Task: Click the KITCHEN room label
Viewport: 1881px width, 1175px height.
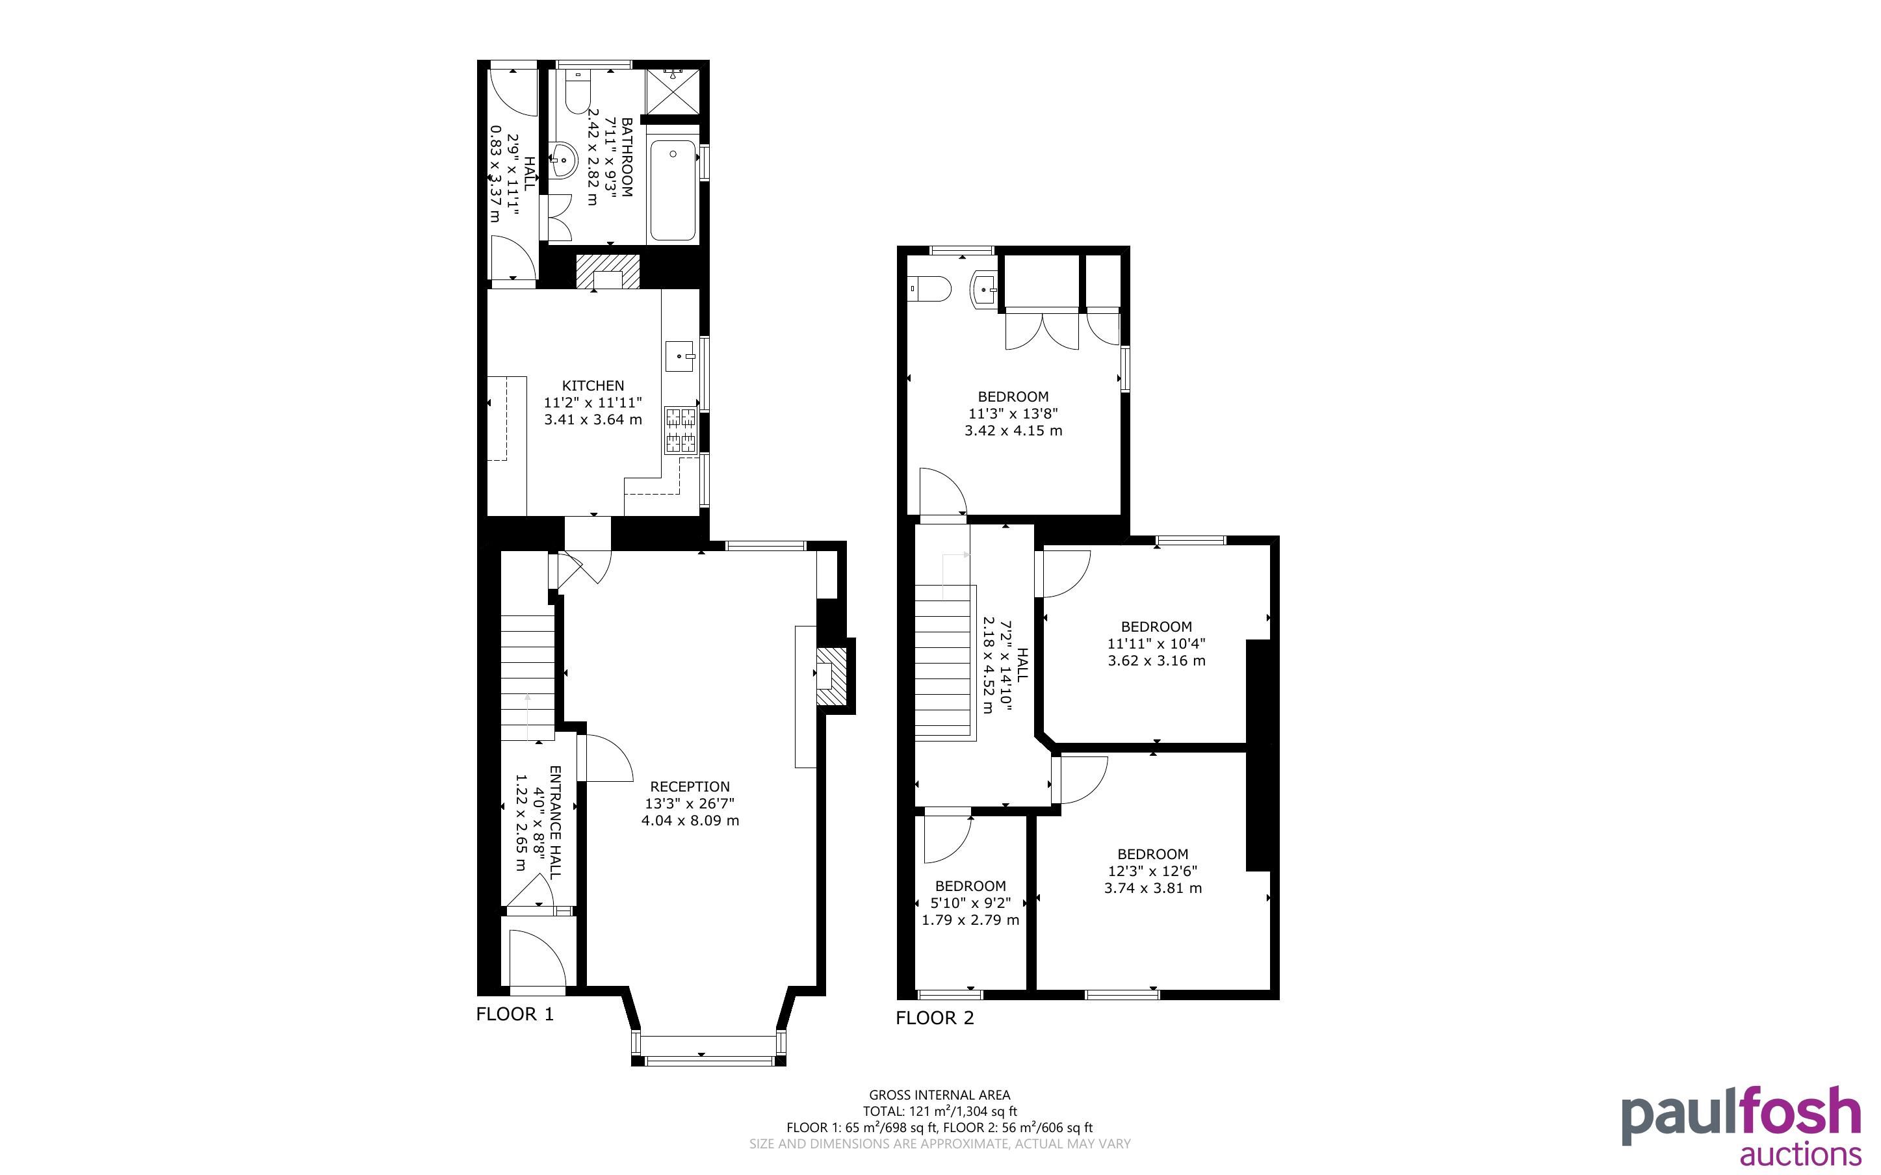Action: coord(593,385)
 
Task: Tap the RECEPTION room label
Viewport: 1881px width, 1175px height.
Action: coord(690,786)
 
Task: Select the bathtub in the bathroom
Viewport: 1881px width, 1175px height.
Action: coord(673,190)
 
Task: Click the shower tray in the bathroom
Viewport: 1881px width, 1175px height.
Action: coord(673,92)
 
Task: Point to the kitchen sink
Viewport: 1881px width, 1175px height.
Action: coord(680,357)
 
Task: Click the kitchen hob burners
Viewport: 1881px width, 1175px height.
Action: coord(680,430)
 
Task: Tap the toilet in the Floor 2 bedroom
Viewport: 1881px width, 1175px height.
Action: coord(930,289)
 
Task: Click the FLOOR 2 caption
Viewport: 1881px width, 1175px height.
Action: coord(935,1018)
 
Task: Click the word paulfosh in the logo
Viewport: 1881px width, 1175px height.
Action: coord(1741,1114)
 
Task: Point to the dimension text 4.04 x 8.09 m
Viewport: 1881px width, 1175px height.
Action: coord(690,821)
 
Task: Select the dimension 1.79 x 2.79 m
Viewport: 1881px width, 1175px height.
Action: coord(970,920)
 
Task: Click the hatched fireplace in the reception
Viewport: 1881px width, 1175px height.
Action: coord(831,675)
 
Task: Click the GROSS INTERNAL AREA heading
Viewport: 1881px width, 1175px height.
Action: coord(939,1095)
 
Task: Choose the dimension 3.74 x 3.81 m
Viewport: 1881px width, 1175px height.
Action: coord(1153,888)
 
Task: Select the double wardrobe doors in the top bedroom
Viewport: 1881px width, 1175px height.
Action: coord(1042,329)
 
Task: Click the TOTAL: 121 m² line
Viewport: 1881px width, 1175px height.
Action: coord(939,1111)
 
